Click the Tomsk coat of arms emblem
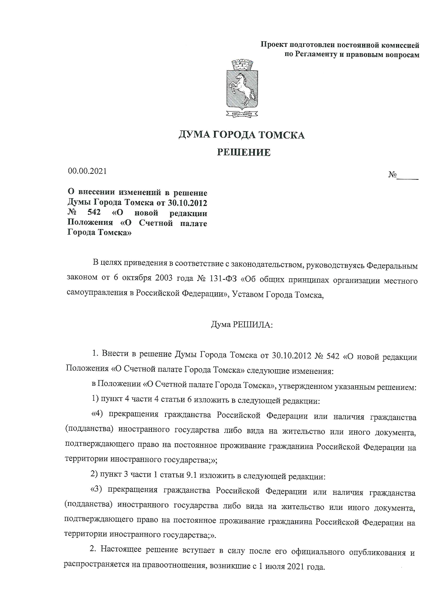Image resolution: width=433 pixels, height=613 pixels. pos(242,88)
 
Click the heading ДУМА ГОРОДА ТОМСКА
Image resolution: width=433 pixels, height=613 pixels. pos(242,135)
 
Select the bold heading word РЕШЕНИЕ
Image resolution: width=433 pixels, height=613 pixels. pos(244,152)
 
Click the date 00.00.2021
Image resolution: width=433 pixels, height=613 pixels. pos(87,171)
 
